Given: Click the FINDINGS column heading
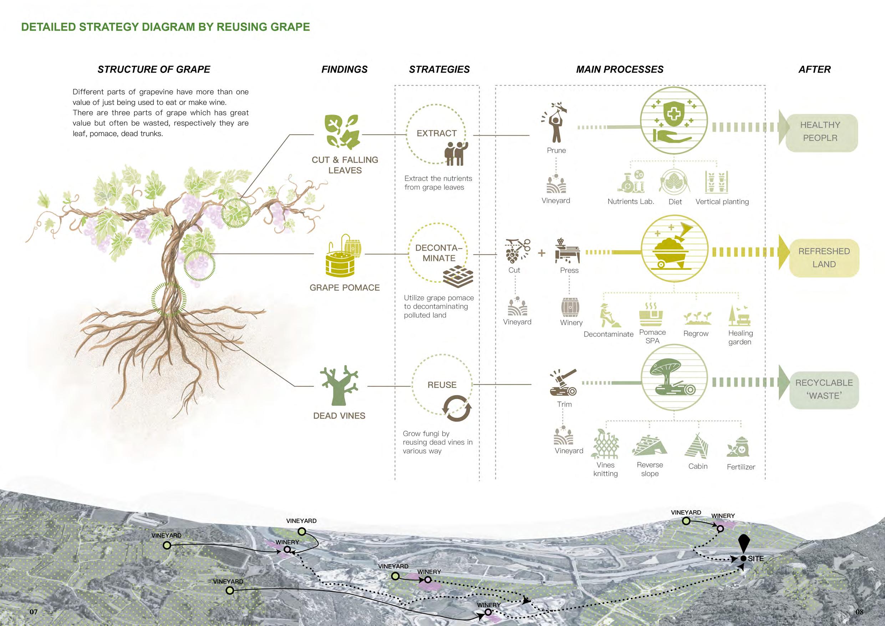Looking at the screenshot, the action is [344, 70].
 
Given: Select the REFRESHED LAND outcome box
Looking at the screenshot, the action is [824, 258].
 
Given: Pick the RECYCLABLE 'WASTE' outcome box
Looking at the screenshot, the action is [824, 390].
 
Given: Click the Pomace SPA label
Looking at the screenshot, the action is [652, 336].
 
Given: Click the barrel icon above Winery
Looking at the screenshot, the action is [570, 307].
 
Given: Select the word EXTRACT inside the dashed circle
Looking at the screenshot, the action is [436, 133].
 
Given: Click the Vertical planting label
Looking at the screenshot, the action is [722, 202].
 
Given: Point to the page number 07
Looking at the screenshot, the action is [34, 612].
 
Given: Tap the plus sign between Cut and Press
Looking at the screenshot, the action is [541, 253].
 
